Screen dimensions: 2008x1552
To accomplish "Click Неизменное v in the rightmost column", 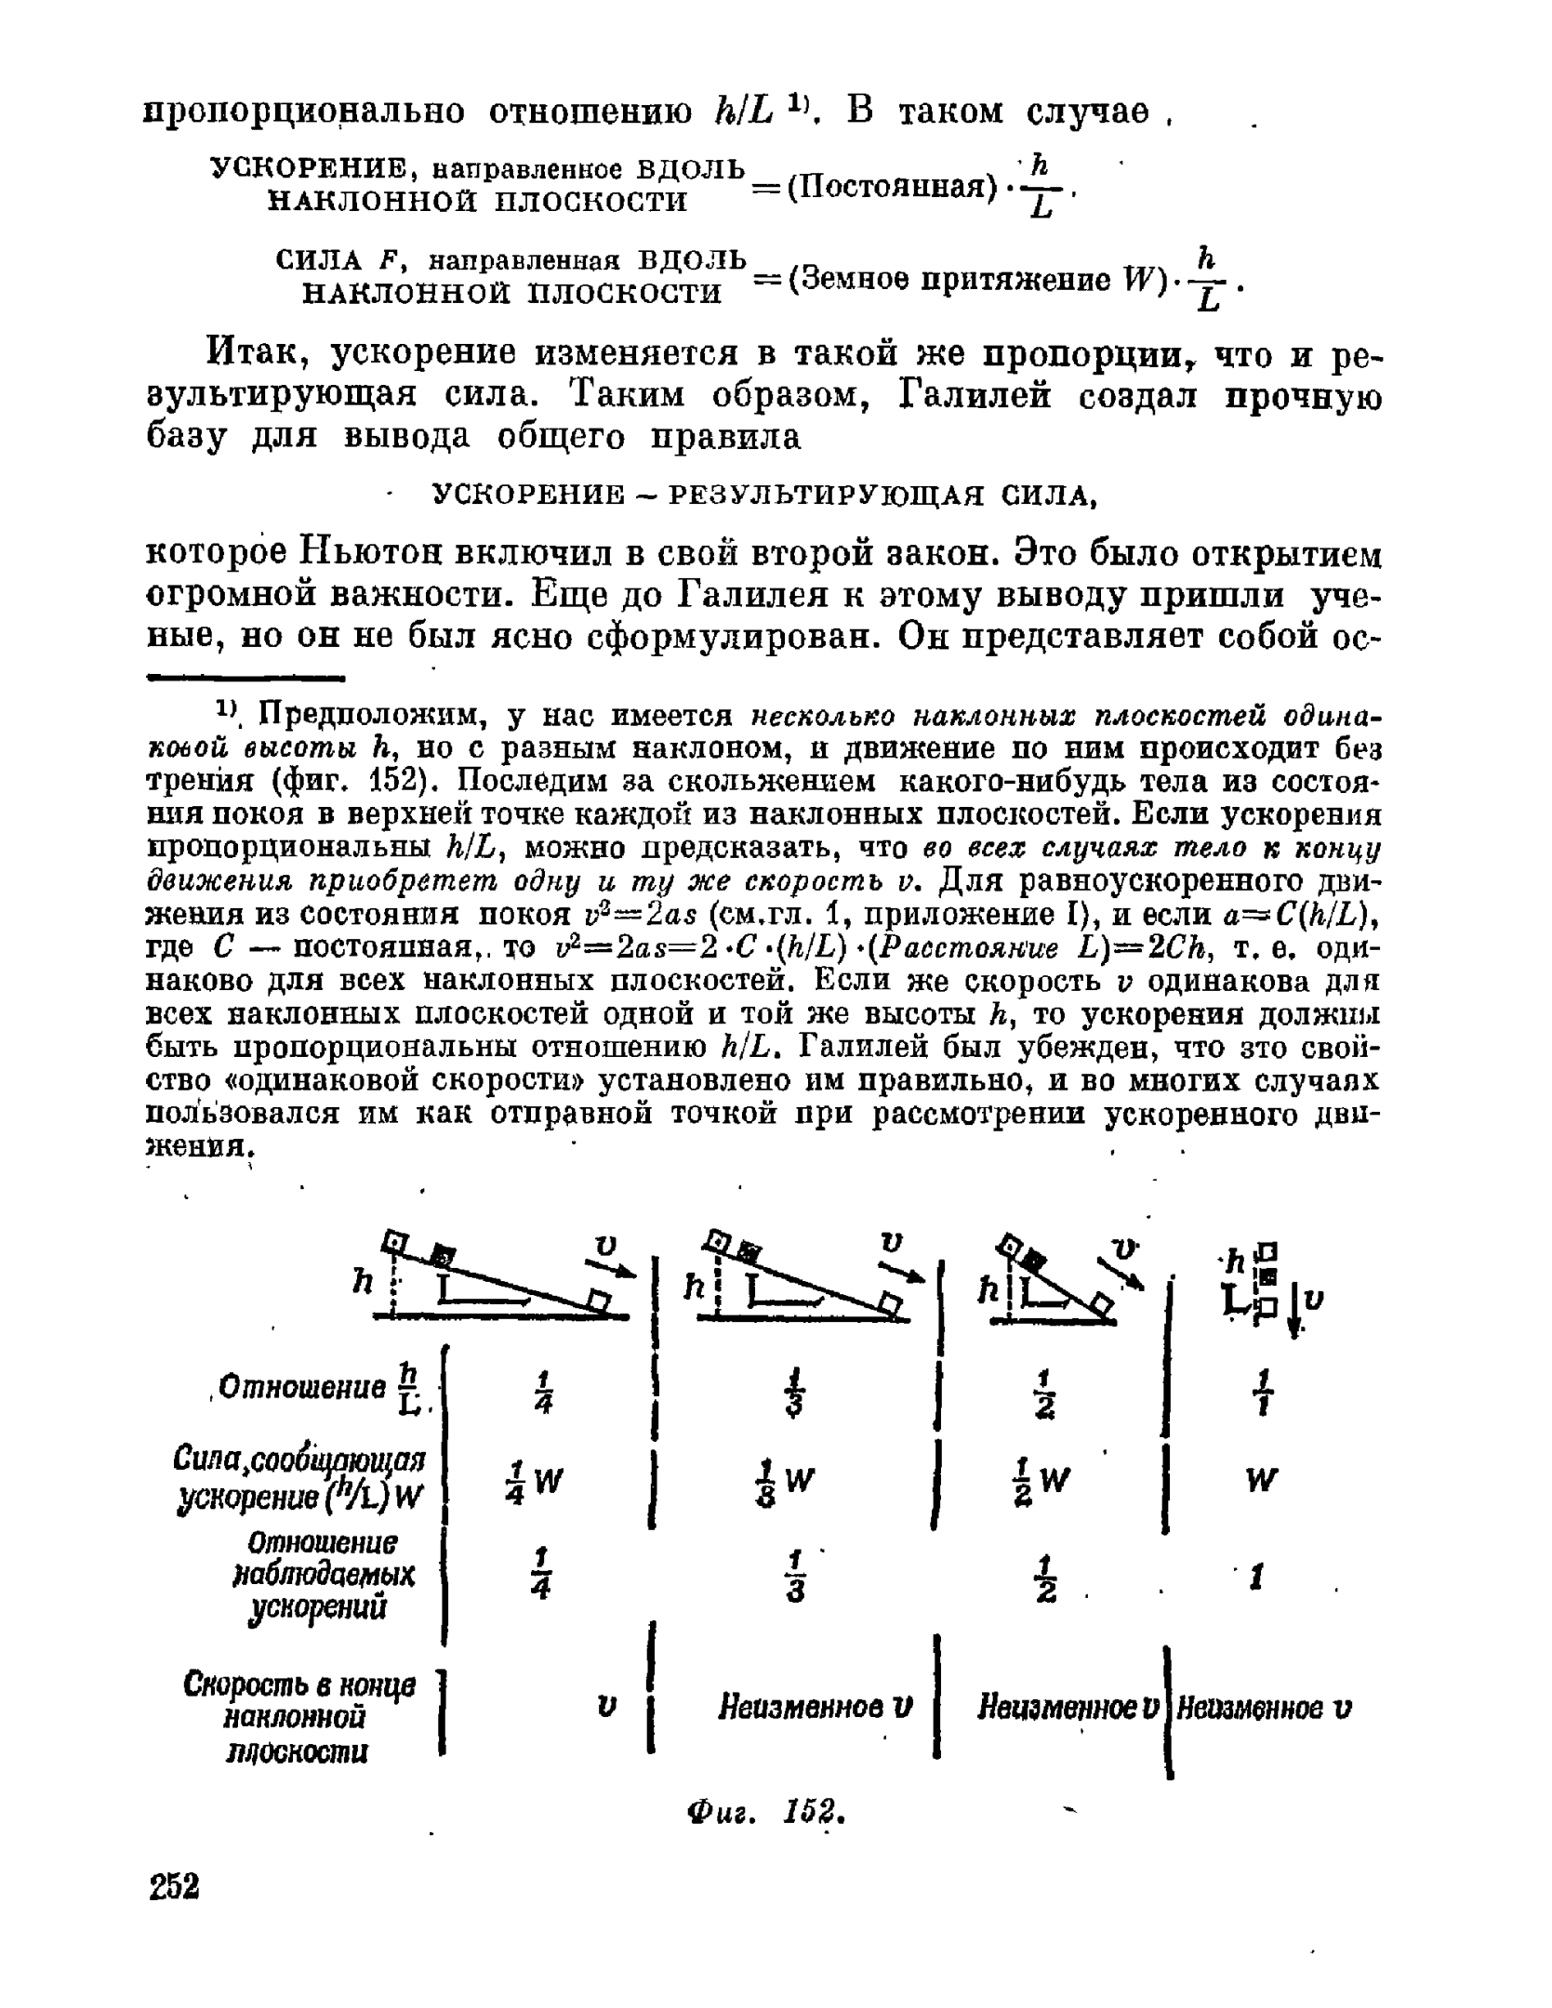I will point(1264,1709).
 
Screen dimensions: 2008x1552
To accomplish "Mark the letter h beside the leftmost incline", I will point(363,1281).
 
